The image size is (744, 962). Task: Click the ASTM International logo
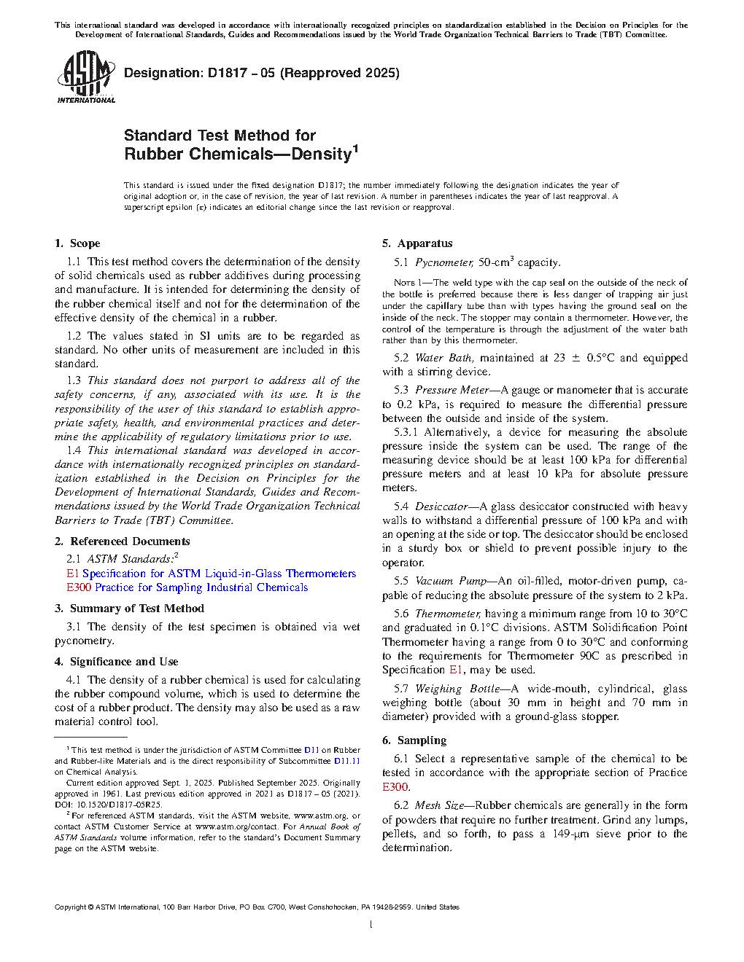[86, 77]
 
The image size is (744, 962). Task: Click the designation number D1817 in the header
[227, 73]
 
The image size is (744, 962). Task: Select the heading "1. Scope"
[77, 243]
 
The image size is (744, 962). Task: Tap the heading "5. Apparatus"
[417, 243]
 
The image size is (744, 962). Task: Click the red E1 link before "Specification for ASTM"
[72, 574]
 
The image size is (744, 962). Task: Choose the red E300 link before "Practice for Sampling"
[79, 587]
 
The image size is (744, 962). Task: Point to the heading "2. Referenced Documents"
[122, 541]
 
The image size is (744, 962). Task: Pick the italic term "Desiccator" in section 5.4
[441, 507]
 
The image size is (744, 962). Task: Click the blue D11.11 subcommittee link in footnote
[346, 761]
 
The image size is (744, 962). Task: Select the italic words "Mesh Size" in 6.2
[439, 805]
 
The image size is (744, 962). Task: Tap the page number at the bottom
[371, 925]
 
